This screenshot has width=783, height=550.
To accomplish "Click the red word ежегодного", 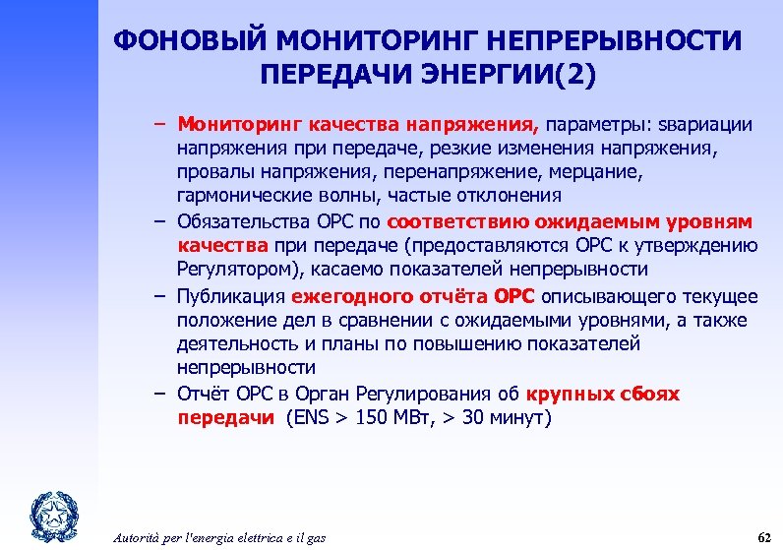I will [x=340, y=296].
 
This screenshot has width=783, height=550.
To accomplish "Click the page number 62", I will [x=763, y=537].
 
